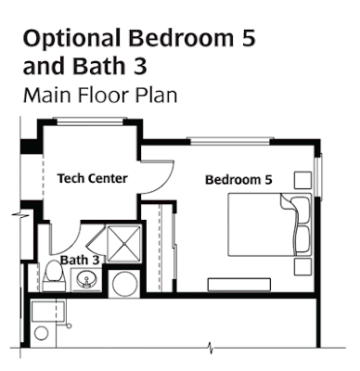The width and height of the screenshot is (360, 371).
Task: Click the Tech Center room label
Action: pyautogui.click(x=93, y=178)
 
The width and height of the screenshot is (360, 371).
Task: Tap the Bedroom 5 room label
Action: pyautogui.click(x=238, y=180)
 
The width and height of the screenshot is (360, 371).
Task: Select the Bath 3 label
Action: pyautogui.click(x=80, y=260)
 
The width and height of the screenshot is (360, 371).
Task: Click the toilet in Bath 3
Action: pyautogui.click(x=54, y=275)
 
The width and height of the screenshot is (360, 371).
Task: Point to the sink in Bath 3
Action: pyautogui.click(x=86, y=280)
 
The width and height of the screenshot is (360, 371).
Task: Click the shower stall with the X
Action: pyautogui.click(x=123, y=244)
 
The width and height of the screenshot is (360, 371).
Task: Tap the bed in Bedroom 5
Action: pyautogui.click(x=269, y=224)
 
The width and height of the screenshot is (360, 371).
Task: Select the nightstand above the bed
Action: pyautogui.click(x=302, y=180)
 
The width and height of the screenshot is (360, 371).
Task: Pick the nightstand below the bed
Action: pyautogui.click(x=302, y=267)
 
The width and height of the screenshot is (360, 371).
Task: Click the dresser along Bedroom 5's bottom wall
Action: pyautogui.click(x=239, y=285)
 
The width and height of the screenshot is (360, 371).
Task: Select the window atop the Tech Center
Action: pyautogui.click(x=90, y=122)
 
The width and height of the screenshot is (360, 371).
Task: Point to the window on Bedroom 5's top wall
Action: pyautogui.click(x=230, y=141)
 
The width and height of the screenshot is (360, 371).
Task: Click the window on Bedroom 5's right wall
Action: pyautogui.click(x=318, y=174)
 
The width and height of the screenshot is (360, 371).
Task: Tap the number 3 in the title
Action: pyautogui.click(x=140, y=66)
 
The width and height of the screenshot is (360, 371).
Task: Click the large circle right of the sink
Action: pyautogui.click(x=124, y=285)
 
